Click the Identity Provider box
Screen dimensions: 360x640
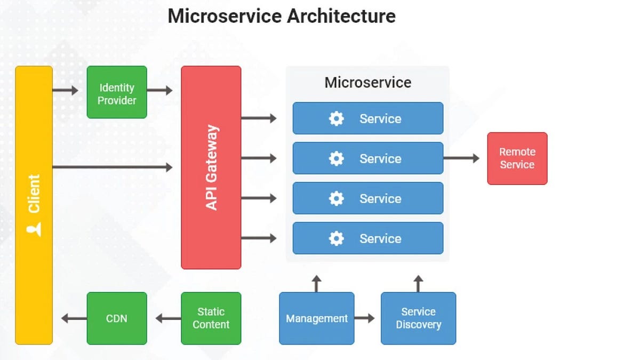point(116,92)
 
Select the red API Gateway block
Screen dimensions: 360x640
point(211,167)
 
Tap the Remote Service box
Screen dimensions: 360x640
point(517,158)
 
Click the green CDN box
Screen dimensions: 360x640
point(116,318)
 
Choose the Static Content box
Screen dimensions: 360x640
point(211,318)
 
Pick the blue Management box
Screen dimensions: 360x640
point(316,318)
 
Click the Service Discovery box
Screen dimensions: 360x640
point(418,318)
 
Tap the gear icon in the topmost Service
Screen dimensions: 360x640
point(336,118)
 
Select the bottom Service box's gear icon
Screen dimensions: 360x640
point(336,238)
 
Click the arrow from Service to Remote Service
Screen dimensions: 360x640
point(461,158)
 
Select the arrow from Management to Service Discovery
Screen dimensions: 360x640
point(365,318)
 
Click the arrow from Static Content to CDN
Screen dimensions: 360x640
point(168,318)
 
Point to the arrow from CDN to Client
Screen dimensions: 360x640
point(74,318)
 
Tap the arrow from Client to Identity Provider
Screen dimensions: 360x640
point(65,90)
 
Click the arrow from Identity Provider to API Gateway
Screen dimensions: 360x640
point(159,90)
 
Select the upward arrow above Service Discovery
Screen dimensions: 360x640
point(418,283)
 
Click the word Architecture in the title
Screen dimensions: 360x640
point(341,16)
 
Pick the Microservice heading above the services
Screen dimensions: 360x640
point(367,83)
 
